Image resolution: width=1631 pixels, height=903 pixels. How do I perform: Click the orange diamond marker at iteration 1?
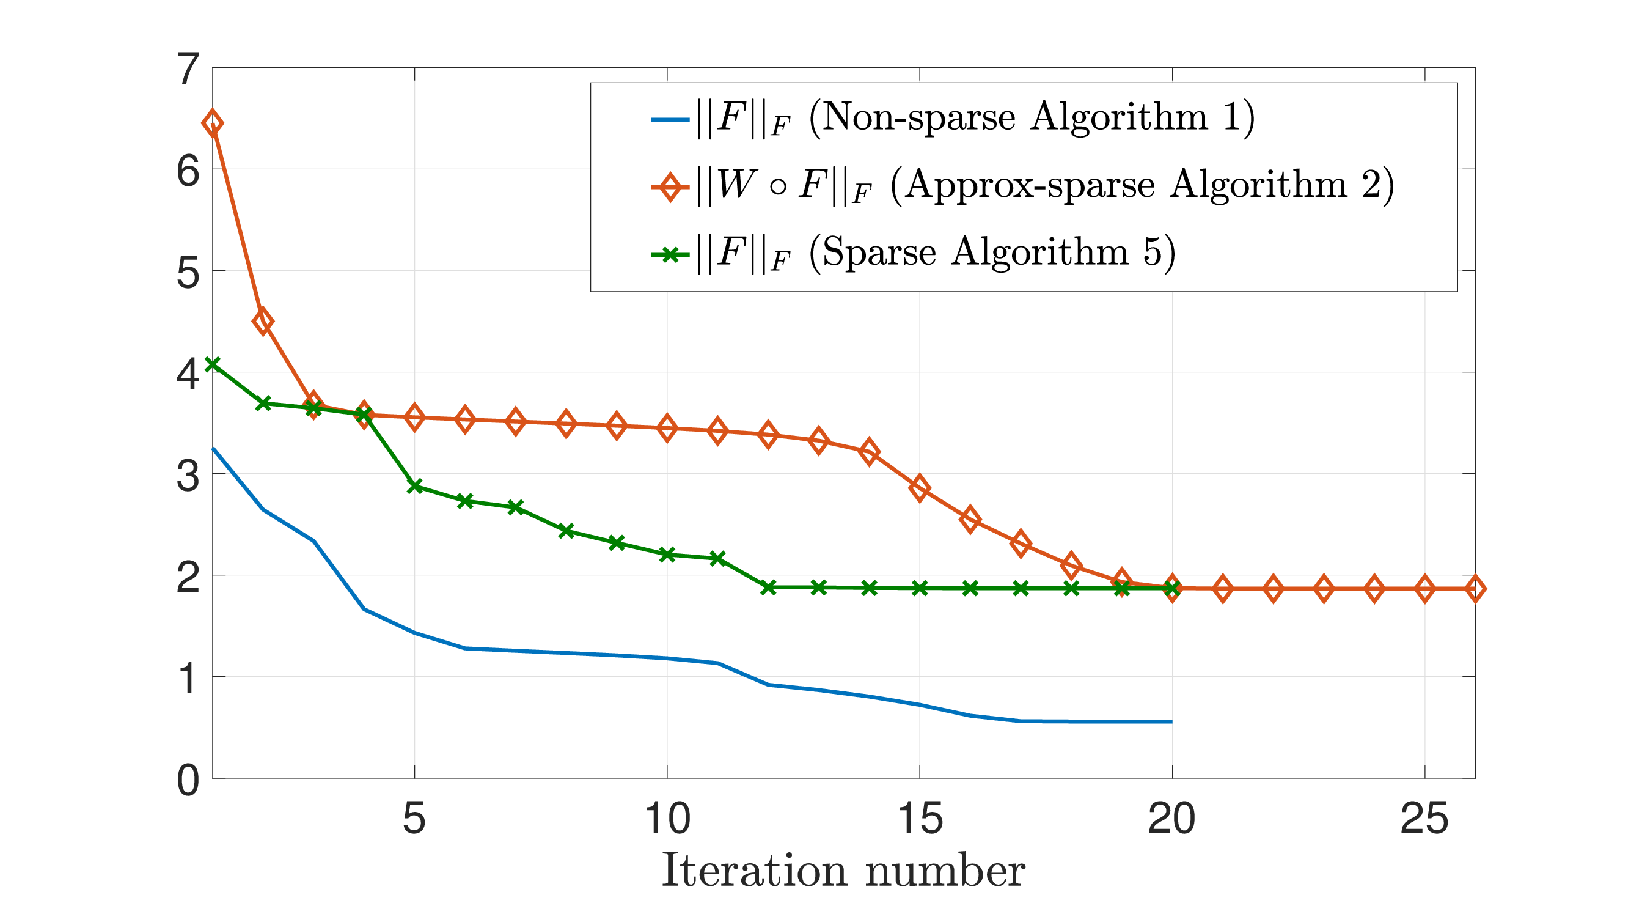pos(212,123)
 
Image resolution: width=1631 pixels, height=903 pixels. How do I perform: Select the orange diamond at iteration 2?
pos(263,321)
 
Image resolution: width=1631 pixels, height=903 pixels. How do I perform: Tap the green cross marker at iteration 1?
pos(212,364)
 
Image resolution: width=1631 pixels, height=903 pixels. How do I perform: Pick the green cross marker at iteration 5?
pos(415,486)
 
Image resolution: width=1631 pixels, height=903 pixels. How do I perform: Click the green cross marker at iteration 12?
pos(768,588)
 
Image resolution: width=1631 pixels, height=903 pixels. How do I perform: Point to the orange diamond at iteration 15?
pos(919,488)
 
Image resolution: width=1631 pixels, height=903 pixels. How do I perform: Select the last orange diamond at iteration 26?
pos(1475,589)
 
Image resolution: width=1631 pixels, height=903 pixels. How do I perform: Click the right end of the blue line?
pos(1171,721)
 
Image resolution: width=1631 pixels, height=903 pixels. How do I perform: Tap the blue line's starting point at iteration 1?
pos(213,448)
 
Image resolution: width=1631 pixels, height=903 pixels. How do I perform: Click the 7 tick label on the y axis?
pos(188,69)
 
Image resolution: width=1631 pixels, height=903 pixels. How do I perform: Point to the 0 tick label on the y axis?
pos(188,780)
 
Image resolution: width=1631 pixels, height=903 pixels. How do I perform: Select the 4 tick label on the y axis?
pos(188,374)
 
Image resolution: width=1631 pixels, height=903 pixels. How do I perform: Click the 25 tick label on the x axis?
pos(1424,819)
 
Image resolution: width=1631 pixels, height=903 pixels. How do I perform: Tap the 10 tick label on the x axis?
pos(667,819)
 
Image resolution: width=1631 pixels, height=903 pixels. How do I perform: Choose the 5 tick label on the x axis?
pos(414,819)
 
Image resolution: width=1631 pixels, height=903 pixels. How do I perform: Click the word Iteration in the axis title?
pos(754,870)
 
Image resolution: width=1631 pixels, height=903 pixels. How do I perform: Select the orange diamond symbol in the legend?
pos(670,187)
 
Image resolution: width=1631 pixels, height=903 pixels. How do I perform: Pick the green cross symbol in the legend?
pos(670,255)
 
